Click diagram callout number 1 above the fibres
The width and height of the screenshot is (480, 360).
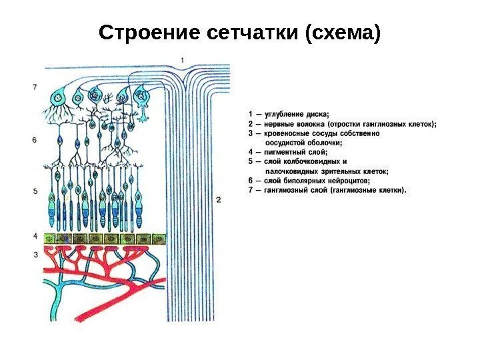182,61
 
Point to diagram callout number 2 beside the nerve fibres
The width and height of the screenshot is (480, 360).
218,199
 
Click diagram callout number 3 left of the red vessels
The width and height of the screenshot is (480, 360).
35,255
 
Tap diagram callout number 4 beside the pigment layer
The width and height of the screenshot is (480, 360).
35,237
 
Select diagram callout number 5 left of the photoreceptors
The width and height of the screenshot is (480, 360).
35,191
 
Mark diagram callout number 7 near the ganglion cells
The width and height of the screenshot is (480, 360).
33,86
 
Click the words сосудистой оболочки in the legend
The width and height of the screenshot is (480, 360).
304,142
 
